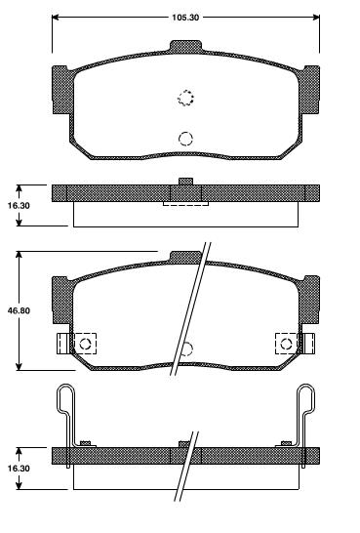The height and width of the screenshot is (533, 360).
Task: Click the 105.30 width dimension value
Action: pos(185,18)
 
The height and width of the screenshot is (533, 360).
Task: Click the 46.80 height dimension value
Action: pos(19,310)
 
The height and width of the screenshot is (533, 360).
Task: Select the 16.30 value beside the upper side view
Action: pos(19,206)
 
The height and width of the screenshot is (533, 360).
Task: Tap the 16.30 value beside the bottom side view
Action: pos(19,468)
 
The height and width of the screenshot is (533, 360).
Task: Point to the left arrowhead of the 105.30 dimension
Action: pos(56,17)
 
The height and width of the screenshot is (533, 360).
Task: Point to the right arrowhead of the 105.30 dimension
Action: pos(316,17)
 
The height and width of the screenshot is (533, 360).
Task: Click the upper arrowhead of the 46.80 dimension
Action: pos(19,256)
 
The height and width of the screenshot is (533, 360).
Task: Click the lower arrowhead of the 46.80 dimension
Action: pos(19,366)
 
